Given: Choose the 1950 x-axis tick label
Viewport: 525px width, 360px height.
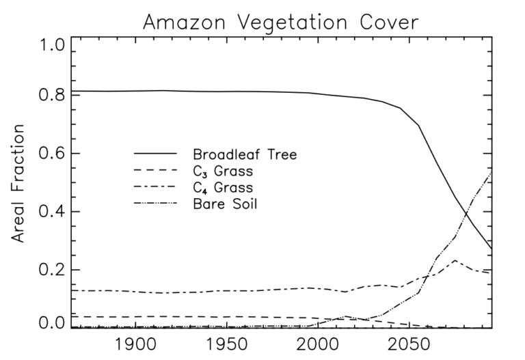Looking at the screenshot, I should [225, 344].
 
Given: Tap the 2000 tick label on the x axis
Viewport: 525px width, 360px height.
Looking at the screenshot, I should [317, 344].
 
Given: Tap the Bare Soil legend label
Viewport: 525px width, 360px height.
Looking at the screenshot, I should [224, 203].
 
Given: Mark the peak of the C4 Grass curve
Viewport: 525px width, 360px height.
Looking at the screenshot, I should [455, 260].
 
